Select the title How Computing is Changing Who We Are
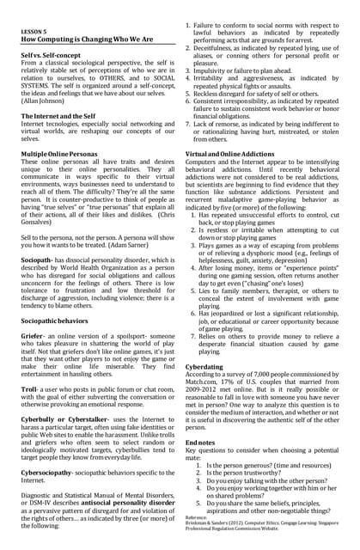[x=88, y=40]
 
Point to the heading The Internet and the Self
[x=64, y=116]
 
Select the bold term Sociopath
[x=40, y=260]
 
